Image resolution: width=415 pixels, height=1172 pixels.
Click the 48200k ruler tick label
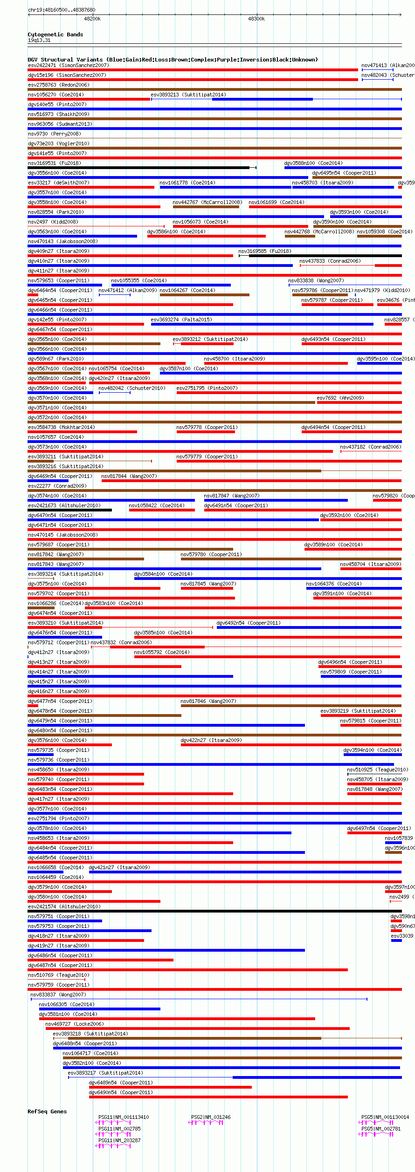pos(92,19)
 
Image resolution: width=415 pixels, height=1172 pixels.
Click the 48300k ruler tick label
pos(256,19)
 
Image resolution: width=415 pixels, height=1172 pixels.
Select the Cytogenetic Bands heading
pos(55,34)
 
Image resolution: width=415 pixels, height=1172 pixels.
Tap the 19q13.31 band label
pos(39,40)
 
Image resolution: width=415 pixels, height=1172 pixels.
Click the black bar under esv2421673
pos(69,510)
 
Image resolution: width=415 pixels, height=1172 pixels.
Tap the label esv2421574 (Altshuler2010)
pos(64,906)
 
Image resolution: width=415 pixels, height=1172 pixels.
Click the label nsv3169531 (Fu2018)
pos(54,163)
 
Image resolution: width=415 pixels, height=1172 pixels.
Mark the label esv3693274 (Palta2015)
pos(181,320)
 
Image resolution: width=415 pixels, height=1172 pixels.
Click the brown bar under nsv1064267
pos(204,295)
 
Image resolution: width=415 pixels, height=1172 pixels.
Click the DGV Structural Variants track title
pos(173,60)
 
